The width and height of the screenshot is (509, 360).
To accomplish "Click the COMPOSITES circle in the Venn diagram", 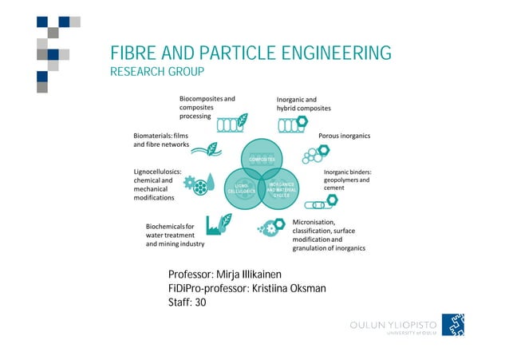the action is [x=262, y=158].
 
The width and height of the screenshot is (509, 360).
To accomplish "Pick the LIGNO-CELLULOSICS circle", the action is [x=241, y=189].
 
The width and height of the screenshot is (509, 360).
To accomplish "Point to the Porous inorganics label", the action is [x=344, y=136].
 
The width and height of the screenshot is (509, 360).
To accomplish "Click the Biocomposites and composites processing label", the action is [x=206, y=107].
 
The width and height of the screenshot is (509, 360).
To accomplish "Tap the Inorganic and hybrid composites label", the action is [x=303, y=104].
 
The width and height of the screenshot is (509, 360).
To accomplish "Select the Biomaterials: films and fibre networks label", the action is [x=160, y=140].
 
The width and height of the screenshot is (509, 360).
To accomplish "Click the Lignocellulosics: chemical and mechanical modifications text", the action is [x=157, y=189].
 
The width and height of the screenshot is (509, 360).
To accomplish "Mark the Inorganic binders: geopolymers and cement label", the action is [x=347, y=180].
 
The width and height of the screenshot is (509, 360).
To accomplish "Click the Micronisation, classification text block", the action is [x=329, y=235].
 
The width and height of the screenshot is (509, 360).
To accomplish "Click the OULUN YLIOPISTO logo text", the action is [x=394, y=326].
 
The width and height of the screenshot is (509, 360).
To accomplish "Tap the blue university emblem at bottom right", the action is [x=453, y=325].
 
